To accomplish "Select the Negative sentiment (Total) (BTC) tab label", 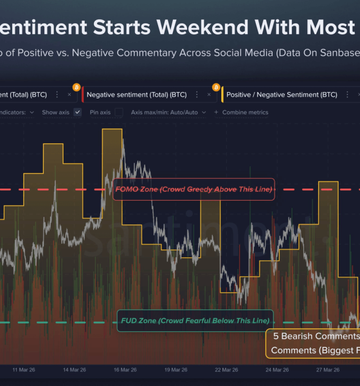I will click(x=136, y=95).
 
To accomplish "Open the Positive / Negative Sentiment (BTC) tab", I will click(x=282, y=95).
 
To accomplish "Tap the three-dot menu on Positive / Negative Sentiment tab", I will click(x=347, y=95).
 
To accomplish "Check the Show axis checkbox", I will click(x=78, y=112).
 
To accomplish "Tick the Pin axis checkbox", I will click(x=118, y=112).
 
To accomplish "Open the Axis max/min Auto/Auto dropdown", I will click(x=168, y=112).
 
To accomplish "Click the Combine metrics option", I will click(x=244, y=112).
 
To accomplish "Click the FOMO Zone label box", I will click(x=194, y=189).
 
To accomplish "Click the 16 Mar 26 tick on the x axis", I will click(x=124, y=370).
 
